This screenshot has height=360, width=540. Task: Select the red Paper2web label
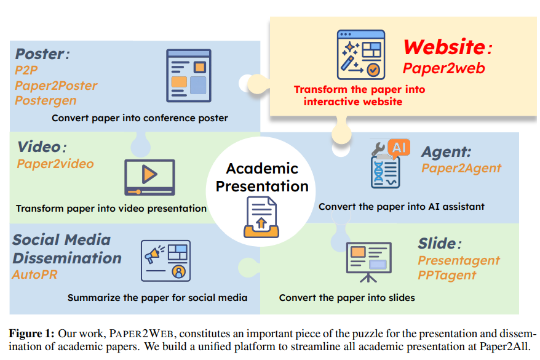443,68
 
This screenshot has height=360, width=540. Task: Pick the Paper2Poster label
56,85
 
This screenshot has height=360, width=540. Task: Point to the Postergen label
46,100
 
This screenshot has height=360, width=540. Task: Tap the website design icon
360,55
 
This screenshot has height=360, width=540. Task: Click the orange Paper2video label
55,164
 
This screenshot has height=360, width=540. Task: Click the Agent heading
447,151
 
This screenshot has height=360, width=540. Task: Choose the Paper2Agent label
461,167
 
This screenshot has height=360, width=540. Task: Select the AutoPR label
34,274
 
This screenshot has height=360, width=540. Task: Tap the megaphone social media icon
165,260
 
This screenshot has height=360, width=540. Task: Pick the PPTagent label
447,275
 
